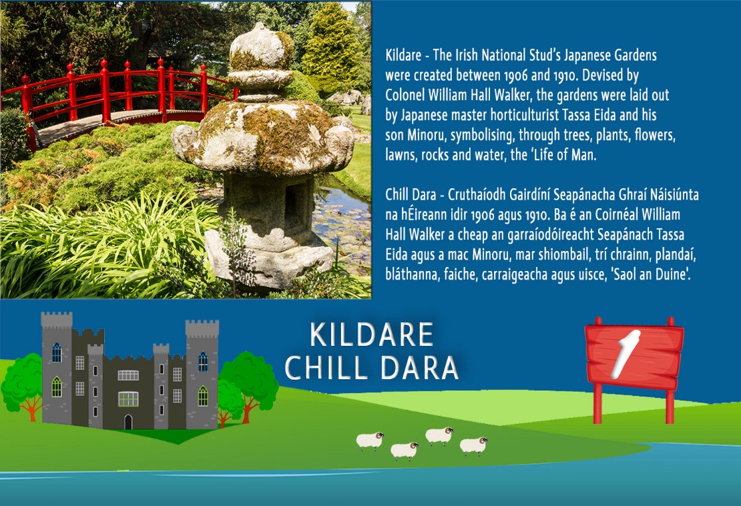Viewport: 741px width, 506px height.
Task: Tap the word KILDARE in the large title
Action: point(372,335)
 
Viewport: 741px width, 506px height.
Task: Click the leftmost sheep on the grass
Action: point(370,441)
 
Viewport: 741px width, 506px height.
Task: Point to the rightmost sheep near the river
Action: point(474,445)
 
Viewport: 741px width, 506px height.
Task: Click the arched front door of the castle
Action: point(128,421)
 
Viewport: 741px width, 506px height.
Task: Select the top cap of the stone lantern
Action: point(261,47)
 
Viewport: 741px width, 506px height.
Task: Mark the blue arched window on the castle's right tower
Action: point(203,361)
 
